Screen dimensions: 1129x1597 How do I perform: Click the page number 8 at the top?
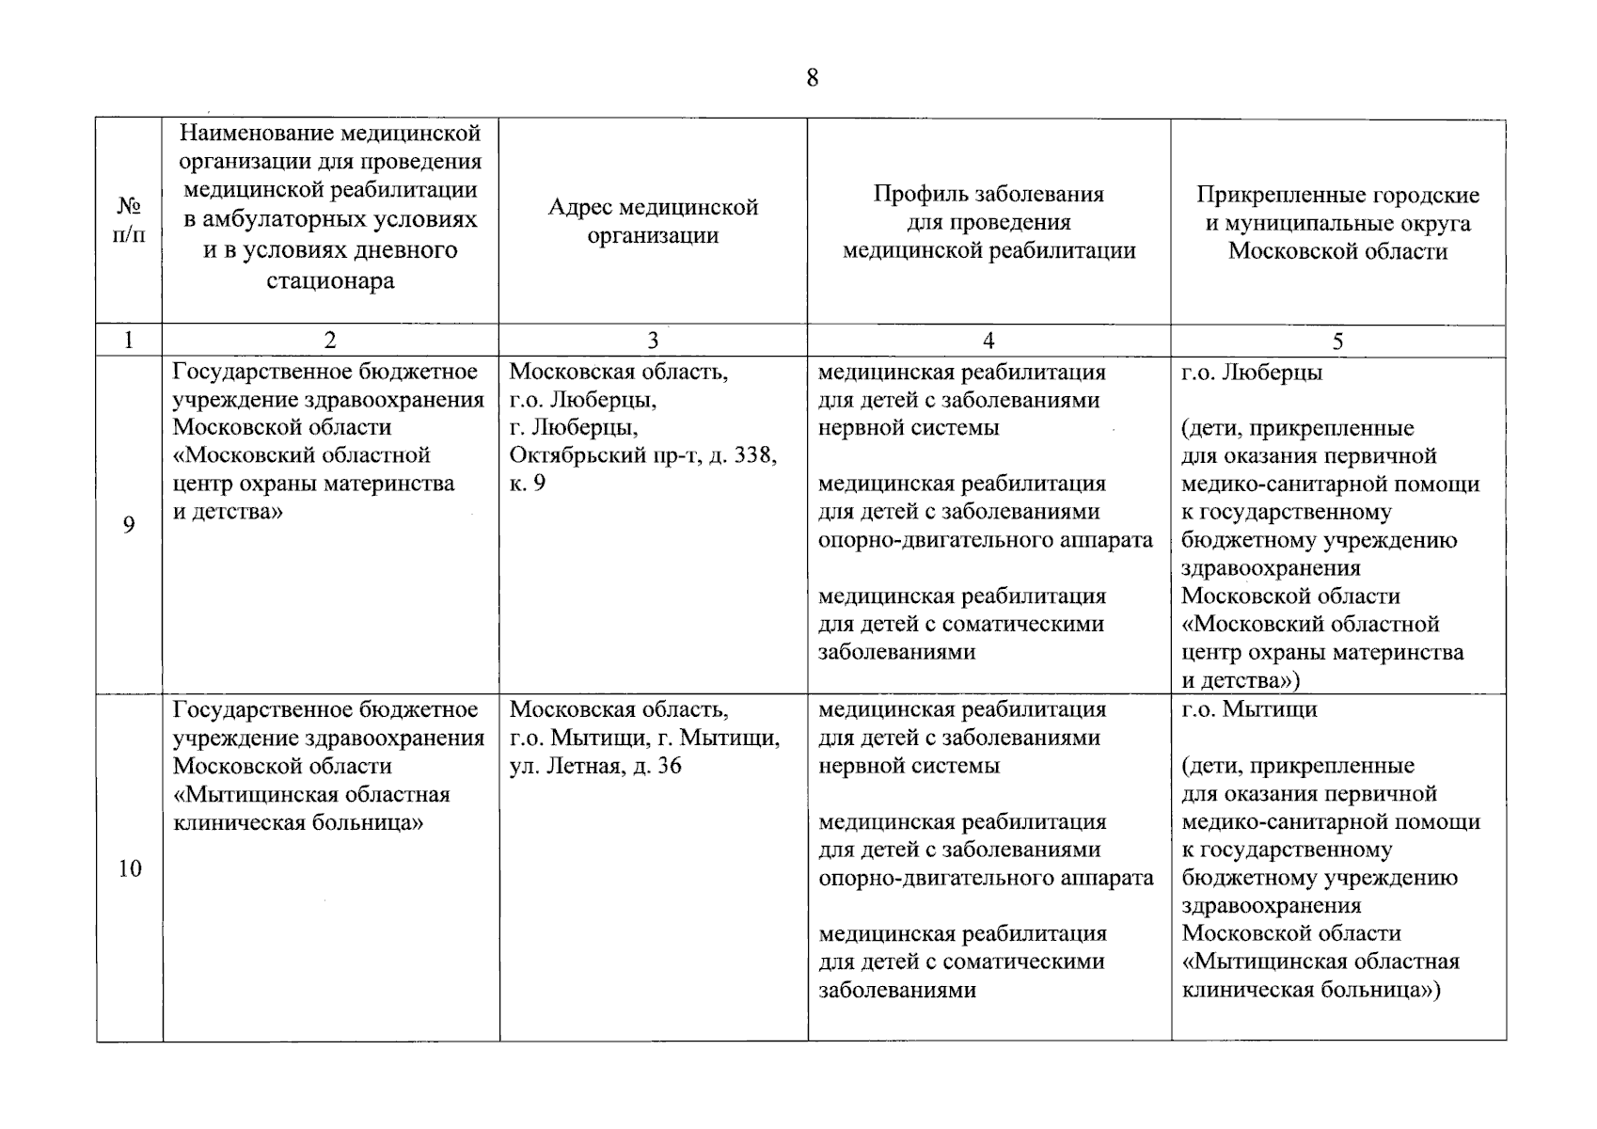coord(813,78)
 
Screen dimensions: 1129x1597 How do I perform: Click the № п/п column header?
coord(129,220)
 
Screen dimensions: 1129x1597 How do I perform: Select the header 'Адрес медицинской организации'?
coord(653,221)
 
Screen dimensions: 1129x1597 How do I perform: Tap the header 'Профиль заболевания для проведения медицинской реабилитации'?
coord(988,223)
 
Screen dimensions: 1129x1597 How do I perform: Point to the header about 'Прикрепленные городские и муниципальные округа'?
coord(1337,223)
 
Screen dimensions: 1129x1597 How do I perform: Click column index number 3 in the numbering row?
coord(653,342)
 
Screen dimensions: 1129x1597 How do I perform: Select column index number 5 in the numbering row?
coord(1337,342)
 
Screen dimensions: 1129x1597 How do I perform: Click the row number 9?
coord(129,525)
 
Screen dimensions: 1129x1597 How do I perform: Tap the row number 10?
coord(129,868)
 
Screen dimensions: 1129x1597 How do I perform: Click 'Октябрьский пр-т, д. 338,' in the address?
coord(642,456)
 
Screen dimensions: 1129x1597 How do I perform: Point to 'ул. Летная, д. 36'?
coord(594,766)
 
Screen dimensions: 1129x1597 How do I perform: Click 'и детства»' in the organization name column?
coord(227,512)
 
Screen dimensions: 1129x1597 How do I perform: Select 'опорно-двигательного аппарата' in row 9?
coord(985,540)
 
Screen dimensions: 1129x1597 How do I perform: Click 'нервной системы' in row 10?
coord(909,766)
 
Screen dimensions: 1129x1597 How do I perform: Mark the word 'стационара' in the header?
coord(330,281)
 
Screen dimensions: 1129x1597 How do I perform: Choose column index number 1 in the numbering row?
coord(129,342)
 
